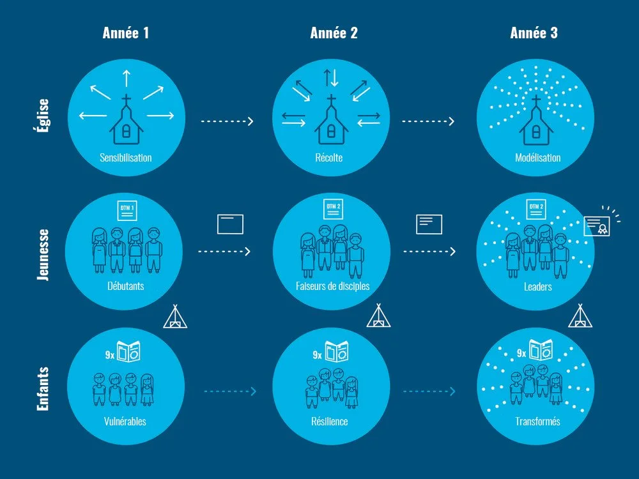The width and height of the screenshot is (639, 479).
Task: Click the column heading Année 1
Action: pyautogui.click(x=126, y=33)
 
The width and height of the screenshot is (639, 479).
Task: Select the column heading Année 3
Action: pyautogui.click(x=534, y=33)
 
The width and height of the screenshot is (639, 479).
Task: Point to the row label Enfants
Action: pyautogui.click(x=43, y=388)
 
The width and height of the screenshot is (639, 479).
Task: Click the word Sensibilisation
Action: pyautogui.click(x=126, y=157)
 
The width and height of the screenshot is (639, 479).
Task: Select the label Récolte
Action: pyautogui.click(x=330, y=157)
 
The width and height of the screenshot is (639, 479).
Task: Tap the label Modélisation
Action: pyautogui.click(x=537, y=157)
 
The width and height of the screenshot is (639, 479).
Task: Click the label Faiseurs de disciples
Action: pyautogui.click(x=332, y=285)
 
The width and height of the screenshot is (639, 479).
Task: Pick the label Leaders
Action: pyautogui.click(x=537, y=286)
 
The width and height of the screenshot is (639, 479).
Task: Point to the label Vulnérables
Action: pyautogui.click(x=125, y=421)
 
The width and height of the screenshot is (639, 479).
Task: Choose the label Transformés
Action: pyautogui.click(x=537, y=421)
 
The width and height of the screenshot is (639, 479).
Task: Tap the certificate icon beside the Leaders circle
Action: pyautogui.click(x=597, y=225)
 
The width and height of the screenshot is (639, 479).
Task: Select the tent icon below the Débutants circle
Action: pyautogui.click(x=175, y=317)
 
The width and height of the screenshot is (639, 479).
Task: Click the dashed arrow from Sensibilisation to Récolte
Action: pyautogui.click(x=227, y=121)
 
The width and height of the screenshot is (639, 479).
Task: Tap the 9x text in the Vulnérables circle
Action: pyautogui.click(x=110, y=353)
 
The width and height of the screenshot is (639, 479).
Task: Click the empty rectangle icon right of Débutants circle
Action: pyautogui.click(x=230, y=224)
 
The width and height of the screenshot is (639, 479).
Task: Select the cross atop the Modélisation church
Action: pyautogui.click(x=536, y=102)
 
